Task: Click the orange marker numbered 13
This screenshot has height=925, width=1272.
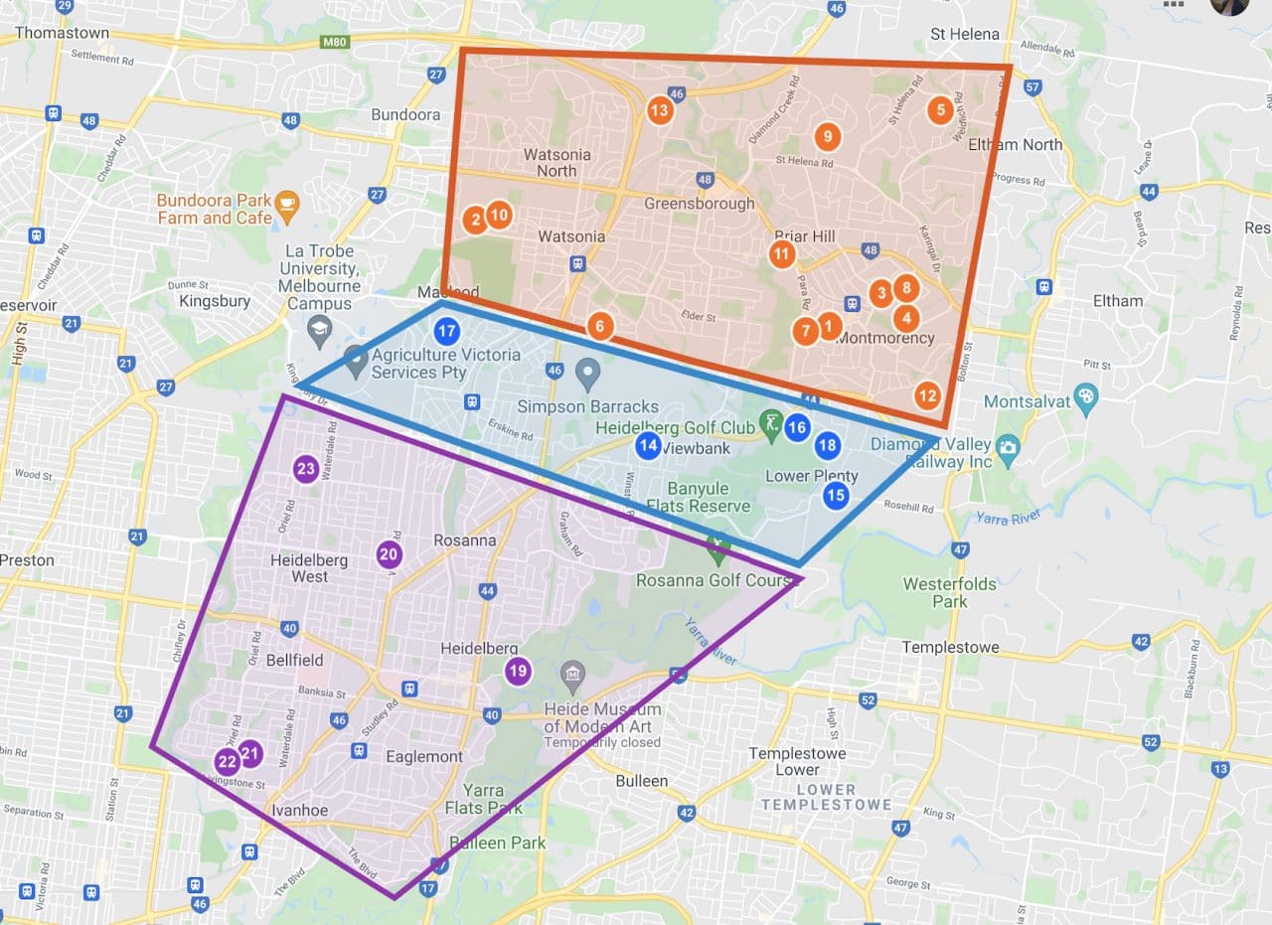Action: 659,109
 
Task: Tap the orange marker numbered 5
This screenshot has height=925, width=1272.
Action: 939,109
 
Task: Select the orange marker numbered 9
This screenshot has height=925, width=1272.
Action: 826,136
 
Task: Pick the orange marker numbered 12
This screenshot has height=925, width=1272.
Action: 926,395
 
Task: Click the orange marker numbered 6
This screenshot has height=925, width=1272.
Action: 599,325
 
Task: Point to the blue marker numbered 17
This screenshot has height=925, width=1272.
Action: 447,331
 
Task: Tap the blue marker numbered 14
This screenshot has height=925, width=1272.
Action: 648,445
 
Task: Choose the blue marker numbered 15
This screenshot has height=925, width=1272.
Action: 835,494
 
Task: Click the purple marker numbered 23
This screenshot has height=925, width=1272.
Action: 305,469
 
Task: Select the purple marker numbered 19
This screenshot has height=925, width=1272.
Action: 517,671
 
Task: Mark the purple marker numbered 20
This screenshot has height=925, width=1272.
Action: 389,555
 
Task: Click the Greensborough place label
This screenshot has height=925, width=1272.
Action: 699,203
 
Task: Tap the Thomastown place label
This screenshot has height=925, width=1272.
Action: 62,33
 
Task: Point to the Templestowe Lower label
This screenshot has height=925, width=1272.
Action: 798,761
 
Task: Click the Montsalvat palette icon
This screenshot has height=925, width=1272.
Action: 1086,394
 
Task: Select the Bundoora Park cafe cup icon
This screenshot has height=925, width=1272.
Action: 286,203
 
